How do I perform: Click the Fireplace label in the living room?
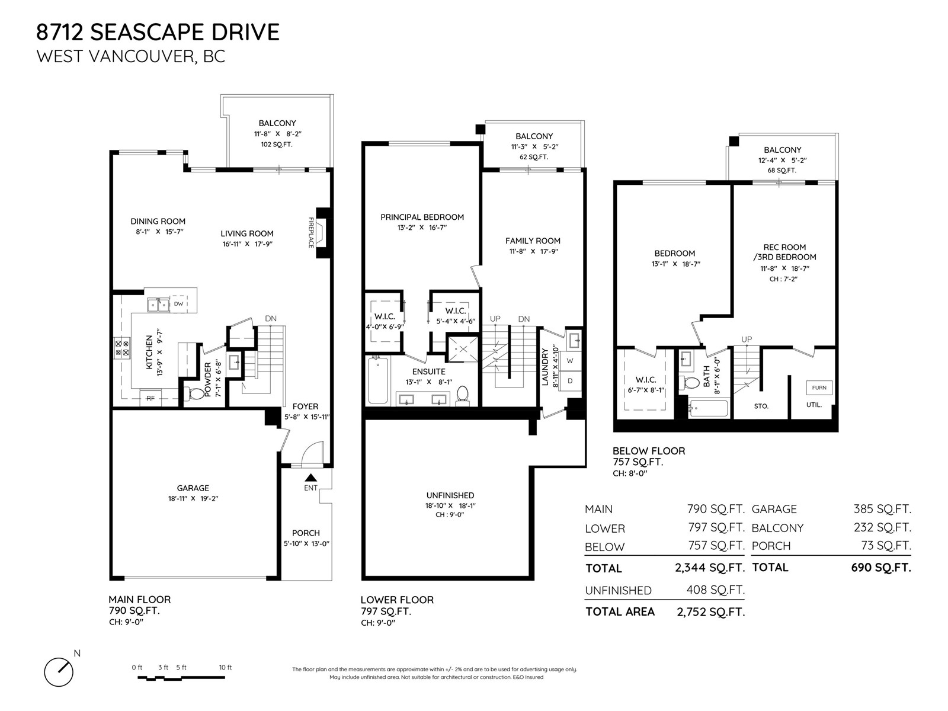(311, 233)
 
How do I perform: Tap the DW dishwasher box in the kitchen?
(179, 304)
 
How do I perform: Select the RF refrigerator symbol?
(150, 398)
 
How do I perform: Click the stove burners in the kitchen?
(122, 348)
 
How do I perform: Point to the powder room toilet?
(196, 393)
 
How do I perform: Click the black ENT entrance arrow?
(311, 478)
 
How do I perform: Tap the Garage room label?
(193, 488)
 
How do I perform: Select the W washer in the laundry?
(570, 361)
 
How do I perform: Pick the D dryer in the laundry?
(570, 381)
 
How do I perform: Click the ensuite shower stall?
(463, 348)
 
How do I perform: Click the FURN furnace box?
(819, 387)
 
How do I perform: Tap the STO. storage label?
(761, 406)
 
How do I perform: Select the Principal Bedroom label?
(422, 217)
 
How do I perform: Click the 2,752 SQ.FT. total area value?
(711, 612)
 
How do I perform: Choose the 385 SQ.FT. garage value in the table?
(882, 509)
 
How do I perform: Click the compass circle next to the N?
(59, 672)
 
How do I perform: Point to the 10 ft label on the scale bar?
(226, 667)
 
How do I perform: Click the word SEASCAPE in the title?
(139, 33)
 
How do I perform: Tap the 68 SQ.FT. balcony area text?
(782, 171)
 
